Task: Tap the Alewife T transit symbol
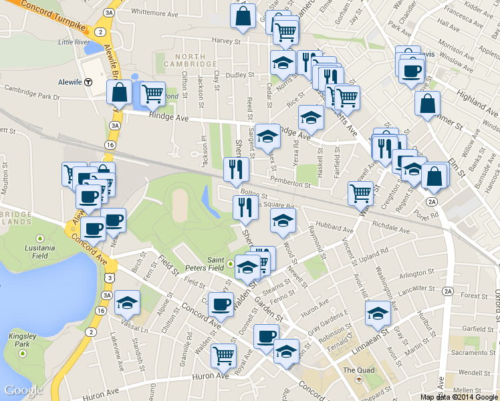click(98, 82)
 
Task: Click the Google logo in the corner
click(23, 390)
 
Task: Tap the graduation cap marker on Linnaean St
click(378, 312)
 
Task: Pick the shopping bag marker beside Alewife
click(119, 92)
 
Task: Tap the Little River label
click(74, 42)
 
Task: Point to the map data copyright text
click(459, 396)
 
